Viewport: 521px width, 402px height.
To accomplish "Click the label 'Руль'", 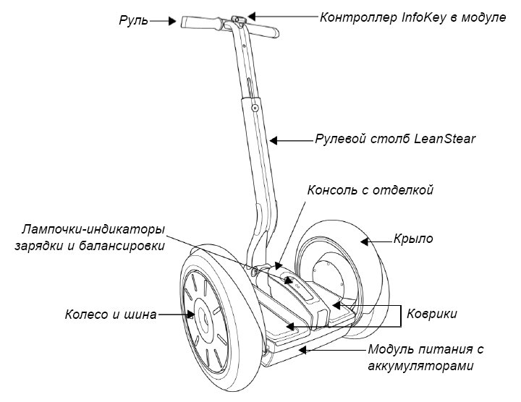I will click(134, 21).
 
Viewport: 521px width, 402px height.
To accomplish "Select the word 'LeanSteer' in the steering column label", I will click(445, 139).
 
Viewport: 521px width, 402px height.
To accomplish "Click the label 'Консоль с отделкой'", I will click(370, 191).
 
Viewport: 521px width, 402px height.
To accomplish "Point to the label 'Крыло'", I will click(413, 239).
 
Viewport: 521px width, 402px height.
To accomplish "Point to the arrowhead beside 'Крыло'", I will click(370, 241).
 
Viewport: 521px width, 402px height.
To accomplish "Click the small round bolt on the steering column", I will click(254, 108).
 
